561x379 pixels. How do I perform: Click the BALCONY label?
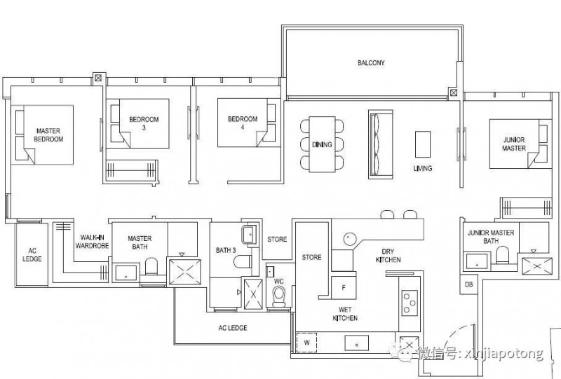click(x=371, y=63)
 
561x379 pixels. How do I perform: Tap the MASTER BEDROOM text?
click(x=48, y=135)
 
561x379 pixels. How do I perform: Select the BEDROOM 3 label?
click(x=144, y=123)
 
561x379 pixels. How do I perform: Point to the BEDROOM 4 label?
click(x=243, y=123)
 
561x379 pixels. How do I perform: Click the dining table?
click(x=322, y=144)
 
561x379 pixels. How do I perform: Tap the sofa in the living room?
click(x=380, y=144)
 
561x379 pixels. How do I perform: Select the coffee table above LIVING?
click(x=423, y=144)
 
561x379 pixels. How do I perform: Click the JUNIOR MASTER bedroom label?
click(x=514, y=144)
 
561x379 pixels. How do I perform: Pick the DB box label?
click(x=468, y=284)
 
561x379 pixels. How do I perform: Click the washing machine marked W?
click(x=306, y=343)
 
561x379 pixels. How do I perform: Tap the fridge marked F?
click(x=344, y=287)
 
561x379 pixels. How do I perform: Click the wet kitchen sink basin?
click(x=357, y=343)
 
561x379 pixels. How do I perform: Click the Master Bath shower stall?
click(x=184, y=272)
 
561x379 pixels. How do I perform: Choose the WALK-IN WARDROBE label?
click(x=92, y=242)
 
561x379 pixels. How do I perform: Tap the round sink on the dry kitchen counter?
click(x=349, y=238)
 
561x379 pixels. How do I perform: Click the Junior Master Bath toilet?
click(x=502, y=255)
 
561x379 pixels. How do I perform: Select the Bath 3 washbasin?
click(x=250, y=235)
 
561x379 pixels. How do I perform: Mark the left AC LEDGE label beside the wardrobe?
click(x=32, y=254)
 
